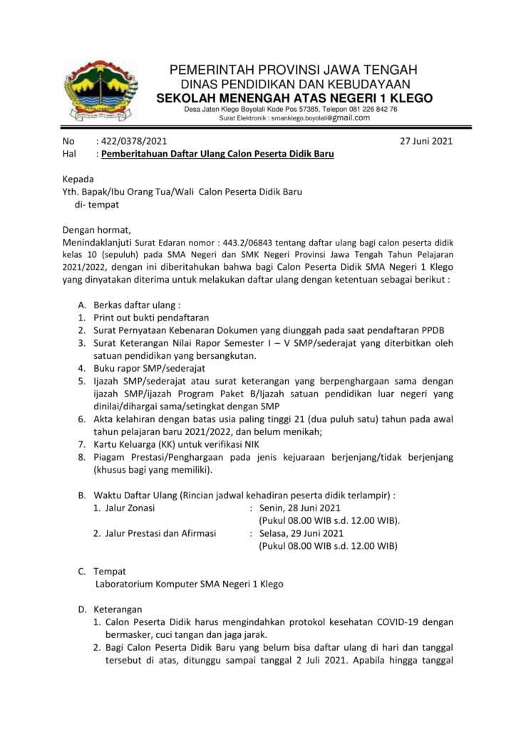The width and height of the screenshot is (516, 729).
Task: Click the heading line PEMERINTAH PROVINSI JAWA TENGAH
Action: (x=293, y=70)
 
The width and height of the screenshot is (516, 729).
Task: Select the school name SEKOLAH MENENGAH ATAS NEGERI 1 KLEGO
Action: (x=294, y=98)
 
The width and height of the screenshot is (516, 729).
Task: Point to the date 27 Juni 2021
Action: (x=427, y=141)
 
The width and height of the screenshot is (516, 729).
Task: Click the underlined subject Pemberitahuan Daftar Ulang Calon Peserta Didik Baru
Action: (x=217, y=154)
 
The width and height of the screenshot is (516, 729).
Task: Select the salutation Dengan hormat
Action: (x=97, y=229)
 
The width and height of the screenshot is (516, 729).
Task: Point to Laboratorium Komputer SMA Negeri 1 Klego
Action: (x=190, y=584)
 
